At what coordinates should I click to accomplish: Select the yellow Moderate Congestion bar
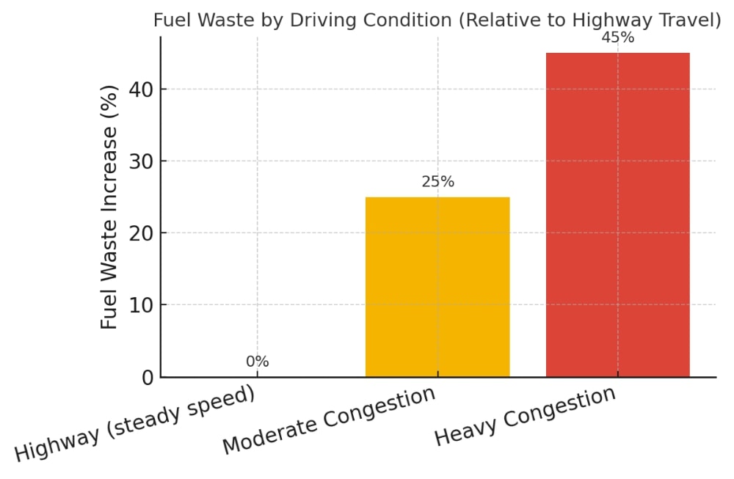[x=437, y=287]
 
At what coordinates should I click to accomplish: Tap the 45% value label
[x=617, y=37]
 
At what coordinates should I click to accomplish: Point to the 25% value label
[x=437, y=182]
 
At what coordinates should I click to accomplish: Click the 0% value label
[x=257, y=362]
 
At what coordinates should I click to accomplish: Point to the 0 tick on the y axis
[x=149, y=377]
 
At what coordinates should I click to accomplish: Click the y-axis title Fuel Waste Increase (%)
[x=109, y=207]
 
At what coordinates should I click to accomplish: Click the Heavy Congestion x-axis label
[x=525, y=415]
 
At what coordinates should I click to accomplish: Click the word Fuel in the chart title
[x=170, y=21]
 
